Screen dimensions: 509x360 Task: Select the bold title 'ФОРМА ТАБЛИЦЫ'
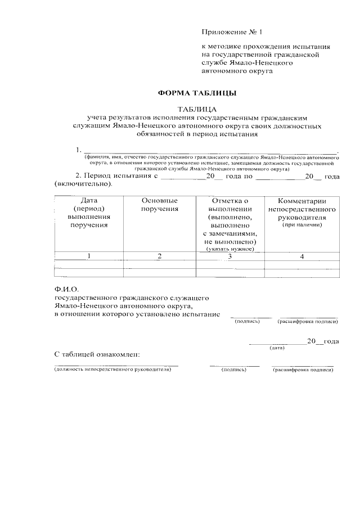coord(196,93)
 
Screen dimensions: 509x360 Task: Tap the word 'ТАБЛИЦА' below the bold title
coord(197,109)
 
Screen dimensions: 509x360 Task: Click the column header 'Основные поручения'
coord(160,205)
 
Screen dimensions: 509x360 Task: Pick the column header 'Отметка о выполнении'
coord(230,205)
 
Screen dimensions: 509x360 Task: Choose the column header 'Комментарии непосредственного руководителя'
coord(302,209)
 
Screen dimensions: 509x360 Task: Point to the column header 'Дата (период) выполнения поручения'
coord(89,213)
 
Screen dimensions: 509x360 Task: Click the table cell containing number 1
coord(89,256)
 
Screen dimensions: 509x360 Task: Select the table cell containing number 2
coord(160,256)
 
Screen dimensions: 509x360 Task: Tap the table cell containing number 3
coord(230,256)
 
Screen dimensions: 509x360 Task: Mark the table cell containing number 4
coord(302,256)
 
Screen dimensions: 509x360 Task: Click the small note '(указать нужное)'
coord(230,249)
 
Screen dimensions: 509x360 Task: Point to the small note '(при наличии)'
coord(302,225)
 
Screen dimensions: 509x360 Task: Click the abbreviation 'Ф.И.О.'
coord(65,290)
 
